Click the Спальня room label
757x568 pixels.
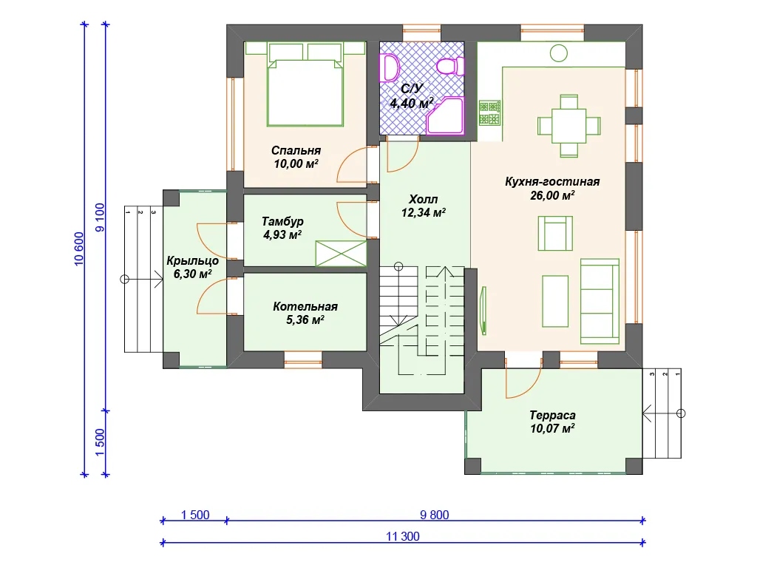(296, 151)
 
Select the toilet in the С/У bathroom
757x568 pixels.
(450, 66)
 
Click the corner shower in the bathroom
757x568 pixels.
(445, 115)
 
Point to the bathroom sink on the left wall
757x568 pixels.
(390, 67)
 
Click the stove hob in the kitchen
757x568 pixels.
(489, 113)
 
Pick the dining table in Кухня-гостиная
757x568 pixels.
(569, 126)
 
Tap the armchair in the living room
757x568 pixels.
(555, 233)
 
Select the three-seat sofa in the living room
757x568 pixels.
(600, 302)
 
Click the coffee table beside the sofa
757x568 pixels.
(555, 302)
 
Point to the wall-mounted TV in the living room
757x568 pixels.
(483, 311)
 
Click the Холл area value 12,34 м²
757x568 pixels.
(424, 212)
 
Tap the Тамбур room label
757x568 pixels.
(282, 221)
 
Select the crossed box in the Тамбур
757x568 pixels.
(341, 254)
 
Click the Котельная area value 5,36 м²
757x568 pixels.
(305, 319)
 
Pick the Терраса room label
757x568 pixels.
(552, 416)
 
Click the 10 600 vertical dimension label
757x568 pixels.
(79, 249)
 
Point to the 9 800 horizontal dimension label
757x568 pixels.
(435, 515)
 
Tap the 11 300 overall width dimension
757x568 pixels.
(403, 536)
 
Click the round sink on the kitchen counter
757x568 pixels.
(559, 53)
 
